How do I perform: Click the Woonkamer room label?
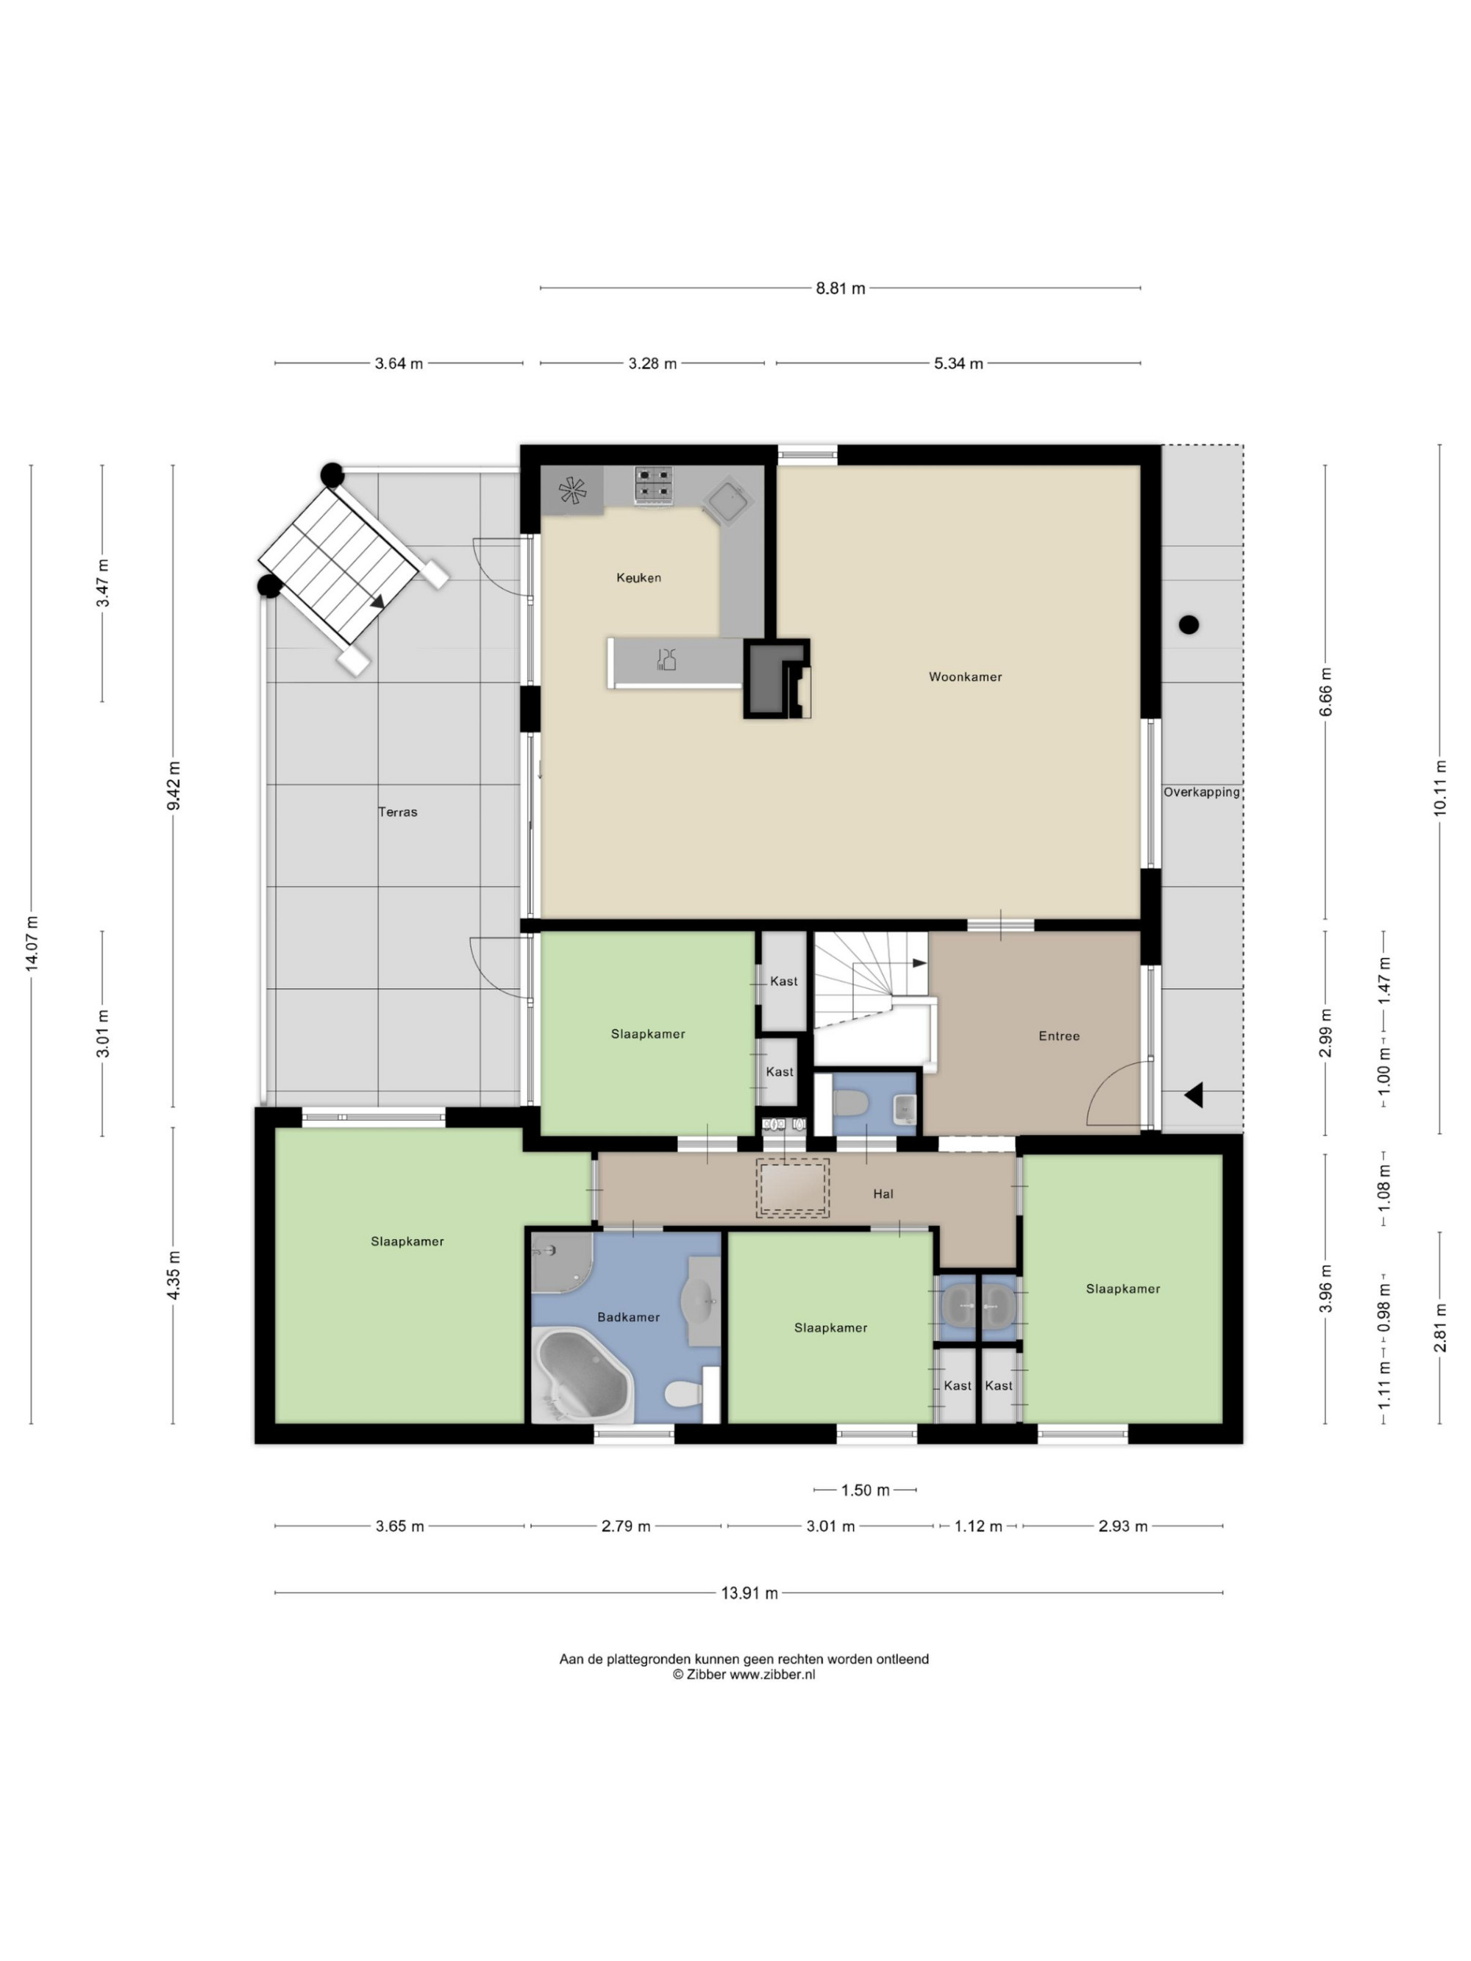(x=965, y=676)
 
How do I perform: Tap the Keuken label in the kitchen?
(x=638, y=577)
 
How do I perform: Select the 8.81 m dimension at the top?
(x=840, y=288)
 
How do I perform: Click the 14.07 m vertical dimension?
(x=32, y=943)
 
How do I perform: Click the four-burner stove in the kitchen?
(x=652, y=486)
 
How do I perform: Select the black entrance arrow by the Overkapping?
(x=1194, y=1095)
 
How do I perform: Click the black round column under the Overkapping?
(x=1188, y=625)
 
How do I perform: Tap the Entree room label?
(x=1058, y=1035)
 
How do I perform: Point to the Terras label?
(x=397, y=811)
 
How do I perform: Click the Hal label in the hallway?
(x=883, y=1194)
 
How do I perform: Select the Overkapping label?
(x=1202, y=792)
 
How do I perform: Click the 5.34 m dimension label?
(x=958, y=363)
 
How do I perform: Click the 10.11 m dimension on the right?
(x=1439, y=787)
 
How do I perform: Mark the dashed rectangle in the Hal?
(x=793, y=1188)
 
